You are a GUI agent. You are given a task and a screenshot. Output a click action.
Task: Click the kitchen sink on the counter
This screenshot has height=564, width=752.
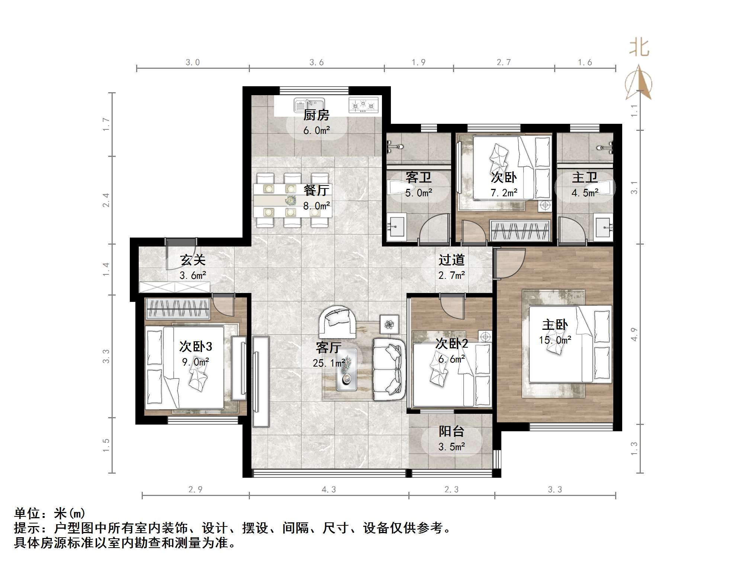309,105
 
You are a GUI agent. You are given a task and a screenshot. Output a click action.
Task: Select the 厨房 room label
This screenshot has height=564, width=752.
316,115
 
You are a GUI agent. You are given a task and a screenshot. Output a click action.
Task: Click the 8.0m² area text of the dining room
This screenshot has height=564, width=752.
316,206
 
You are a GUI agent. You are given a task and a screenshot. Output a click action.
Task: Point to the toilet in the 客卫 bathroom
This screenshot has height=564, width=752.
397,187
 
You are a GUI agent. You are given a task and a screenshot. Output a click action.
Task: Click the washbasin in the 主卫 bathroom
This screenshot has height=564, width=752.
603,227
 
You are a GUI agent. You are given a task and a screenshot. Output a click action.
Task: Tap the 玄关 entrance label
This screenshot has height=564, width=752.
193,260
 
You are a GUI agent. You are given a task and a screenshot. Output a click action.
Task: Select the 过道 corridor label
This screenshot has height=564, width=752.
451,260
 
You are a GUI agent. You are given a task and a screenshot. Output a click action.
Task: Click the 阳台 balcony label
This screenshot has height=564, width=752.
451,431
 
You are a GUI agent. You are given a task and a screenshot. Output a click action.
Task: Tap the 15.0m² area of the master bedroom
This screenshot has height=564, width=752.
555,340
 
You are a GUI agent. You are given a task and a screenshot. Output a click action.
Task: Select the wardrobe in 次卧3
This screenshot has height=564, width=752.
178,308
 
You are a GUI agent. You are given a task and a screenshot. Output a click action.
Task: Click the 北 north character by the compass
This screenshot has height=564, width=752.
639,48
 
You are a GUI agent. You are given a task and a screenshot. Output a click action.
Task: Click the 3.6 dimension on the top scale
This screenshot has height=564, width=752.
316,62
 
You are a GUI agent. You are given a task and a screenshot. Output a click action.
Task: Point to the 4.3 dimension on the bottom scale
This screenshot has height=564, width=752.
328,490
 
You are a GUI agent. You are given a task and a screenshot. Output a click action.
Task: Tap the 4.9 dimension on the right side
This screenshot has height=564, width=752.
634,334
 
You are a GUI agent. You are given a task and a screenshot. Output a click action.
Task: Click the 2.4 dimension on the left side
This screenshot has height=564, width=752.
106,200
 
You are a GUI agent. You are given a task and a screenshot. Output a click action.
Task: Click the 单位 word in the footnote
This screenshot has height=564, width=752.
27,514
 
